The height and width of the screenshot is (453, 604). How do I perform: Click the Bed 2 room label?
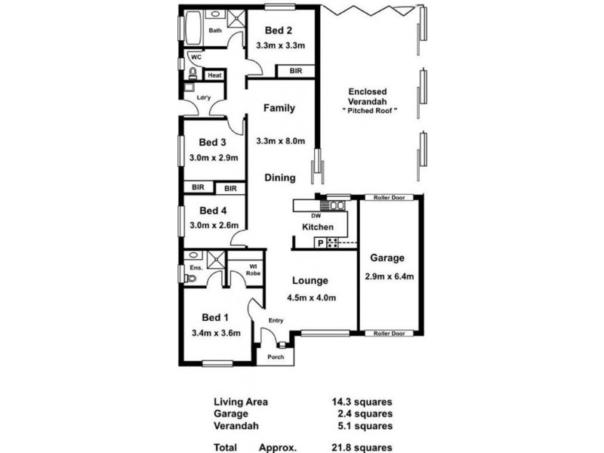278,31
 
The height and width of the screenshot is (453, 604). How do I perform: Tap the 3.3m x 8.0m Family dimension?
280,141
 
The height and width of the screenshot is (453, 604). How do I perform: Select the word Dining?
279,178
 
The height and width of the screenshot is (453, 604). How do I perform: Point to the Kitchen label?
318,226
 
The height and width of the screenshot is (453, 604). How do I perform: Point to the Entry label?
275,321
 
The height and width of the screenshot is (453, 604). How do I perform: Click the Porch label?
276,357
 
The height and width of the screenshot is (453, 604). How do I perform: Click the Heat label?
214,75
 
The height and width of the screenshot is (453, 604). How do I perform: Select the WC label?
196,57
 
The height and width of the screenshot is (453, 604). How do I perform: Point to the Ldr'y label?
202,97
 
